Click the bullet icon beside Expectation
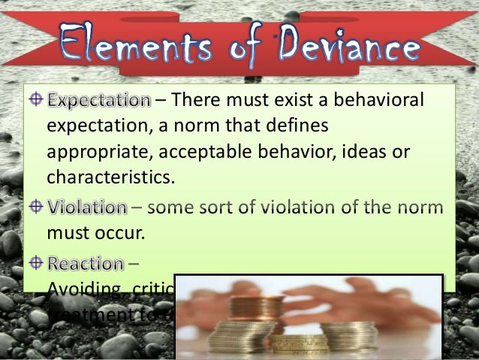(x=35, y=99)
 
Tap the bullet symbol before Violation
(x=35, y=205)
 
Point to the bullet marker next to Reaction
(x=35, y=264)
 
